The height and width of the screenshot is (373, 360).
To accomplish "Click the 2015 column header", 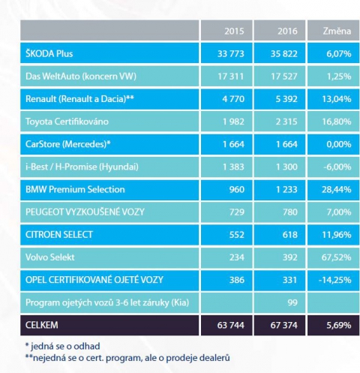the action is pos(234,31).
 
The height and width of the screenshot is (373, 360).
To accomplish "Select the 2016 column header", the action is pos(287,31).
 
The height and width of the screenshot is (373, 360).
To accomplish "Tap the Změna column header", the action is pos(337,31).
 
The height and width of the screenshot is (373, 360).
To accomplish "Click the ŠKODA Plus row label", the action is pos(49,53).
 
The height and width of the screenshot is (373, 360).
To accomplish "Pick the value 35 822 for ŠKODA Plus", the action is pos(284,54).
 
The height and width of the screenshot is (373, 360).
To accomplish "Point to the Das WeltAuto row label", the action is pos(81,77).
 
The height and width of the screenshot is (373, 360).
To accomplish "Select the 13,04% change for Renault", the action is pos(337,99).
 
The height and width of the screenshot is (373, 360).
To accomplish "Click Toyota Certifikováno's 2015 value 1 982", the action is pos(233,122).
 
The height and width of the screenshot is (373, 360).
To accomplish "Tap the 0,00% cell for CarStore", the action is pos(339,144).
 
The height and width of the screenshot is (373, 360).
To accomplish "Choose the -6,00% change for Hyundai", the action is pos(337,167).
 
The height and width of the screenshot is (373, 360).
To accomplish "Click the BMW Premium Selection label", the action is pos(75,189).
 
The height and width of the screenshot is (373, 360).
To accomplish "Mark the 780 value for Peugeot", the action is pos(290,212).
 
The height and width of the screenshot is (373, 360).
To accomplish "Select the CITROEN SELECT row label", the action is pos(59,235).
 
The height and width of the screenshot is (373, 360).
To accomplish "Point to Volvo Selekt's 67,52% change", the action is pos(336,257).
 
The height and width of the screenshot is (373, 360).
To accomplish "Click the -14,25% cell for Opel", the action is pos(335,280).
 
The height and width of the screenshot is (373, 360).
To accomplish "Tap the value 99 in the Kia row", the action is pos(292,302).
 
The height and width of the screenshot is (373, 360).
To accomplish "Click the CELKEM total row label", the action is pos(42,325).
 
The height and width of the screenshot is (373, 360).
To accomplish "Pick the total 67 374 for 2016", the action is pos(284,325).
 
